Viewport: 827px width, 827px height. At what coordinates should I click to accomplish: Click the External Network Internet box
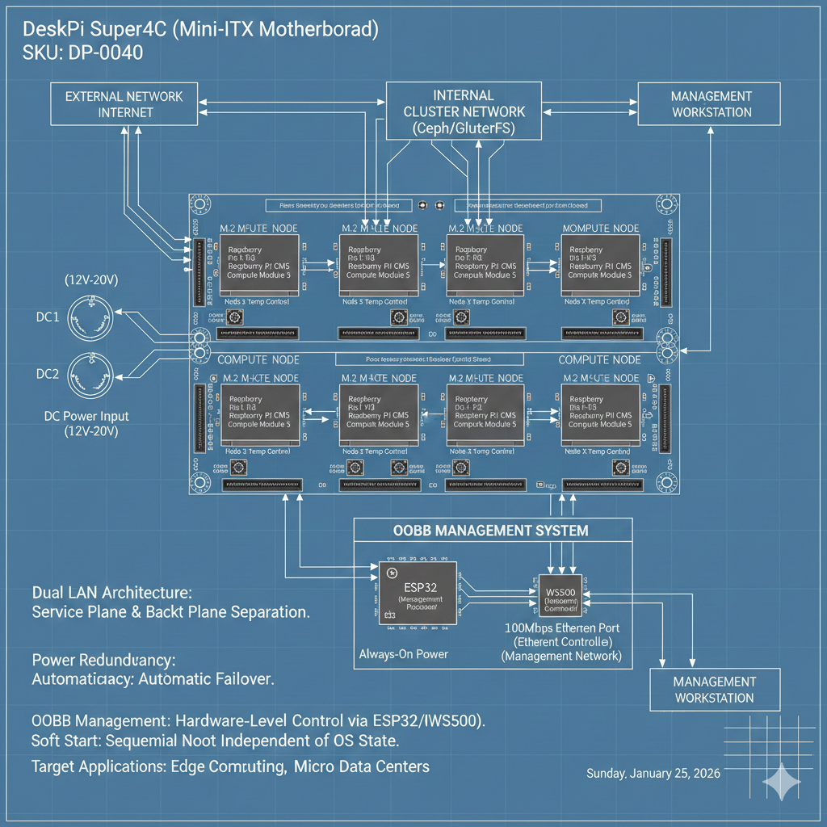125,104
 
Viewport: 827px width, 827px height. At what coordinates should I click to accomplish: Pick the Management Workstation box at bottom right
715,689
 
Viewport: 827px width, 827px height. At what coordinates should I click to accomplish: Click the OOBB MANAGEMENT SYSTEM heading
491,531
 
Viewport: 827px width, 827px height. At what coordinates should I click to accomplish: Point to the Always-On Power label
404,653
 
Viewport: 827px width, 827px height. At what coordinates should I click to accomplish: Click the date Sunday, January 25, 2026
653,773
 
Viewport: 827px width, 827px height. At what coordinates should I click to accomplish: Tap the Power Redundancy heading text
103,659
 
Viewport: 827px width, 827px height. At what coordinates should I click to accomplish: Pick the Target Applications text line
229,766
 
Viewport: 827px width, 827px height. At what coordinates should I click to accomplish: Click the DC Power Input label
86,417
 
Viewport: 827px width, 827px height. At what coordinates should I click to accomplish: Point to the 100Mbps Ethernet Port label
561,627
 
